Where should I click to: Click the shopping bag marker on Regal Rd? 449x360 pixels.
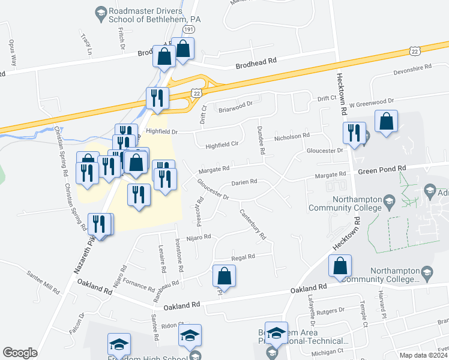(x=224, y=276)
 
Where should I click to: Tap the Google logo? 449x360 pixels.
(x=20, y=353)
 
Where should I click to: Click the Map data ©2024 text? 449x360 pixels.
(x=424, y=355)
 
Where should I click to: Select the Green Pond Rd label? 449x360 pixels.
(x=382, y=170)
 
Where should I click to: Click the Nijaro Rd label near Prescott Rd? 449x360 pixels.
(x=199, y=237)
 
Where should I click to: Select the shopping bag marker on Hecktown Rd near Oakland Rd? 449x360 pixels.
(x=340, y=268)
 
